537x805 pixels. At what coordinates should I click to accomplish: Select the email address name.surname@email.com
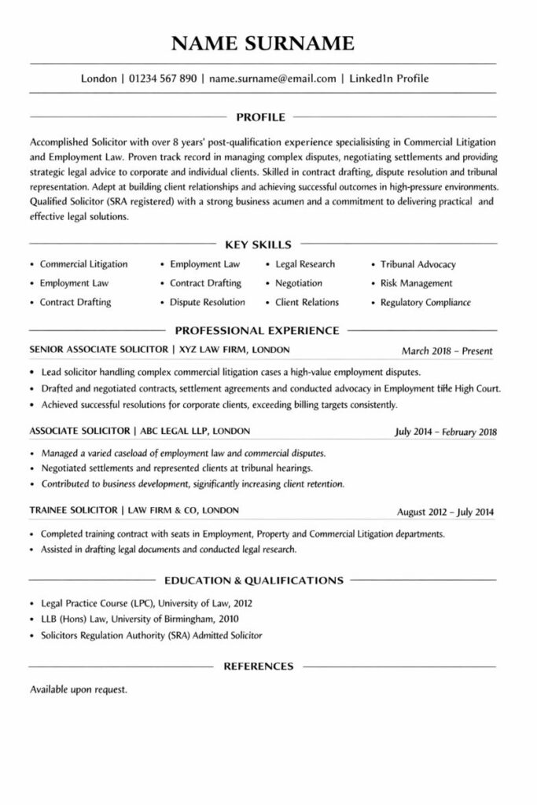tap(273, 79)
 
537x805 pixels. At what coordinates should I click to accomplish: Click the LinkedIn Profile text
tap(389, 79)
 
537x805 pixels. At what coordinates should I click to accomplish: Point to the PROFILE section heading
tap(260, 118)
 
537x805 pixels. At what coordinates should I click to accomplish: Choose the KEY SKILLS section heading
tap(258, 244)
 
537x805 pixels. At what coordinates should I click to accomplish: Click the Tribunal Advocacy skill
tap(417, 264)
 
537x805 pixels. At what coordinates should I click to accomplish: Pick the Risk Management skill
tap(416, 283)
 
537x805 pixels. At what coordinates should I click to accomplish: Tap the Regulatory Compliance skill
tap(425, 302)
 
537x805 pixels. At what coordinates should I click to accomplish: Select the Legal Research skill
tap(305, 264)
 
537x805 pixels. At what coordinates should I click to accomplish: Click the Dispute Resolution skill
tap(208, 302)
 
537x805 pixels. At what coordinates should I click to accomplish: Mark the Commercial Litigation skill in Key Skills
tap(83, 264)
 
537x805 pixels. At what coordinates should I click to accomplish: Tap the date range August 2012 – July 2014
tap(446, 513)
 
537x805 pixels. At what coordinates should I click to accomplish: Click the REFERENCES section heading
tap(259, 666)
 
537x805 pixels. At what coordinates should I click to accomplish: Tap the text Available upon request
tap(78, 689)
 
